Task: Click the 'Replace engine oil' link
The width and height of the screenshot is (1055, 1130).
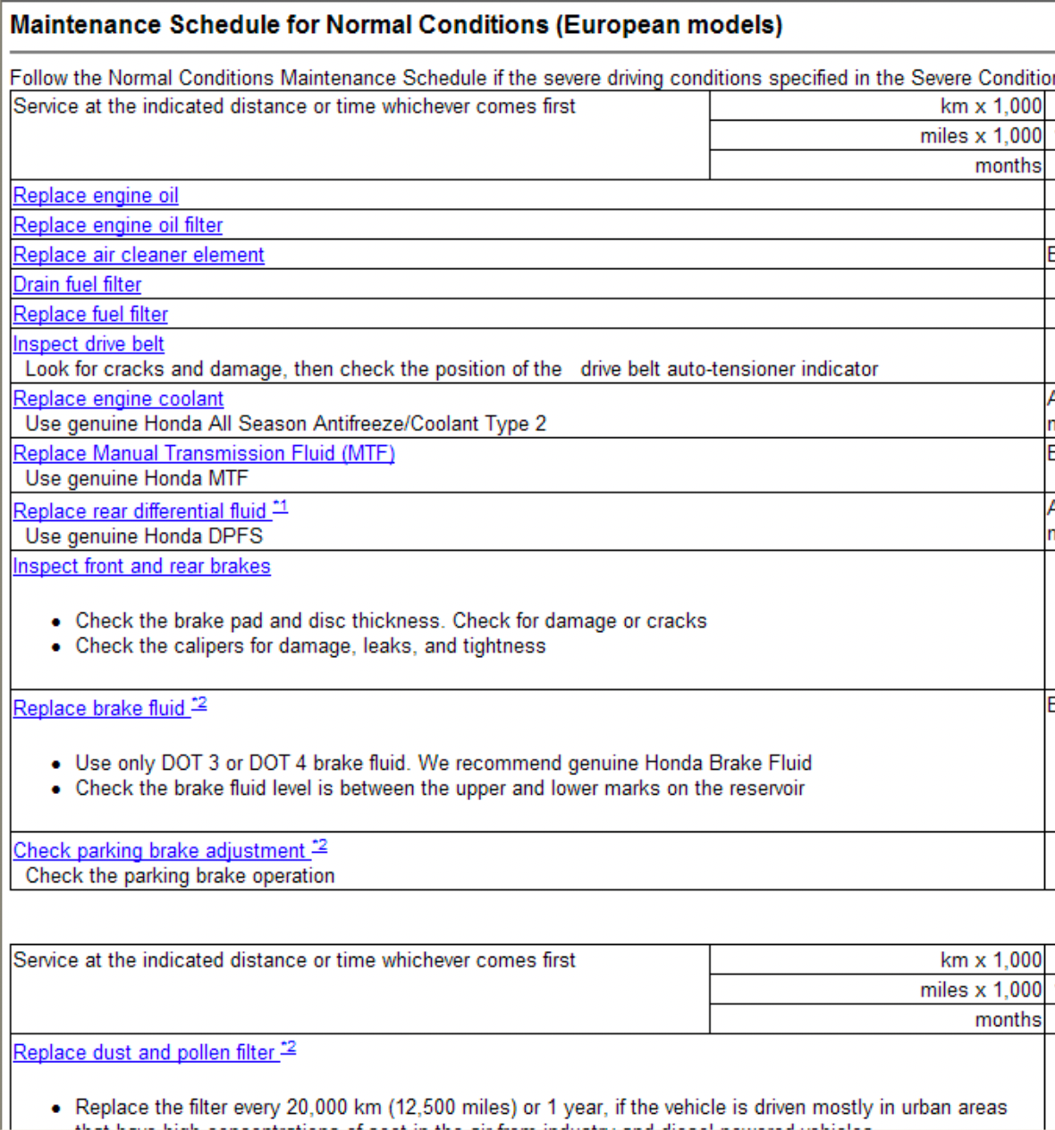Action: point(96,196)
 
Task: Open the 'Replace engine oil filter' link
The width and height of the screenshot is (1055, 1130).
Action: point(117,225)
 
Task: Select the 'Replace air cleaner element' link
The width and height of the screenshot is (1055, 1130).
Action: point(139,255)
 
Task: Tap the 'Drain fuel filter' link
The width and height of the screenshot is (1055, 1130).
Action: point(77,284)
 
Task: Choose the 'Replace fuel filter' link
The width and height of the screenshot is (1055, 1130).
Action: point(90,315)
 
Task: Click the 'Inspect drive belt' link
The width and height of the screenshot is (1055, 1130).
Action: point(89,344)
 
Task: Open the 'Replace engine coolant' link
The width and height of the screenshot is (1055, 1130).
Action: point(118,399)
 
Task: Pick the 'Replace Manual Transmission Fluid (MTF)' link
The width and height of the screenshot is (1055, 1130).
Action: point(204,453)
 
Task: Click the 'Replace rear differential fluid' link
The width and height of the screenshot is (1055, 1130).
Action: point(139,511)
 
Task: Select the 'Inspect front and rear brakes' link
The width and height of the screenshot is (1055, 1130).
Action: point(141,566)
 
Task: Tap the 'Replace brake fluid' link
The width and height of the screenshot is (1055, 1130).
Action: point(98,708)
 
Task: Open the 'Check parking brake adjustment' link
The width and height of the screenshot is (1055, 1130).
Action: point(159,850)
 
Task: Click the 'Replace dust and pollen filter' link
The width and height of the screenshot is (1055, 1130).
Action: point(143,1052)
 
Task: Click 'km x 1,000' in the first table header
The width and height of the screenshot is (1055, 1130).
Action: point(991,106)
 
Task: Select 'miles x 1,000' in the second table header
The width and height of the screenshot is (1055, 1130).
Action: point(981,990)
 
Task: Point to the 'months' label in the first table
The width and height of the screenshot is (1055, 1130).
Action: point(1008,165)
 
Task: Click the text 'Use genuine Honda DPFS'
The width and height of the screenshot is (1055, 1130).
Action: point(144,536)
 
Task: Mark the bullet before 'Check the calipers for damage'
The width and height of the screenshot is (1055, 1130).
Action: point(56,646)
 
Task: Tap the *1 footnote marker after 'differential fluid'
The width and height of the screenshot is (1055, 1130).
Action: point(281,507)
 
